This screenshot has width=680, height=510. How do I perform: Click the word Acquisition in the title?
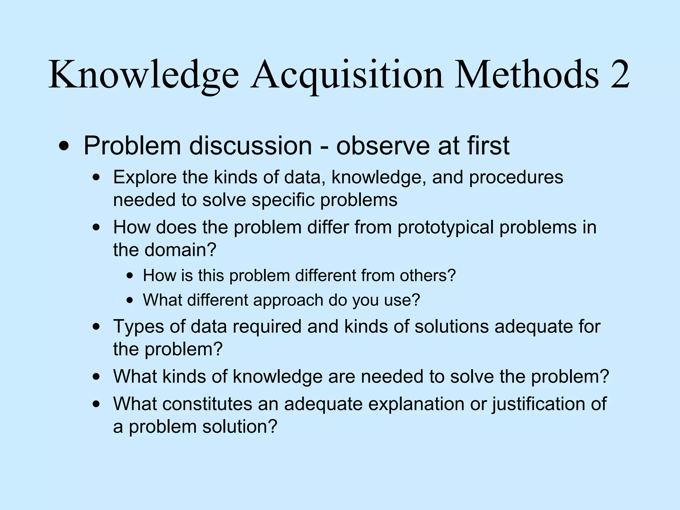click(347, 76)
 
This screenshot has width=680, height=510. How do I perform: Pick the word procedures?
click(516, 177)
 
